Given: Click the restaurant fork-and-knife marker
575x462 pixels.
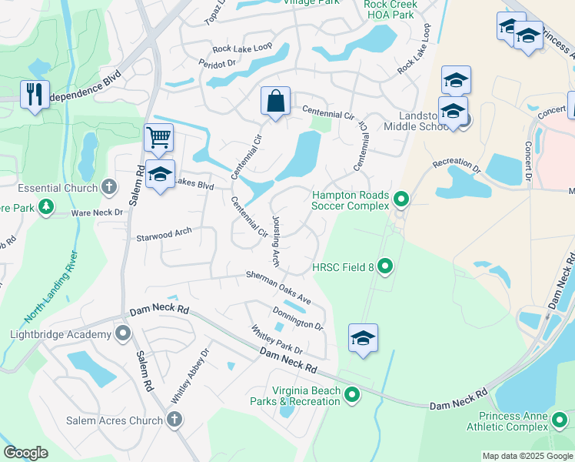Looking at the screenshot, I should coord(35,95).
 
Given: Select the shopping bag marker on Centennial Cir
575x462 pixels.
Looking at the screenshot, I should coord(275,101).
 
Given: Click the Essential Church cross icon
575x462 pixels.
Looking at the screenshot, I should coord(109,187).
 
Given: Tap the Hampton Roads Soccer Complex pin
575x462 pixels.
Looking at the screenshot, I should coord(401,200).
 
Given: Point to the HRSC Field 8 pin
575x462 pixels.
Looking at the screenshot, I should coord(386,267).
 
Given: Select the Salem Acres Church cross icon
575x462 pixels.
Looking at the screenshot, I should coord(174,420).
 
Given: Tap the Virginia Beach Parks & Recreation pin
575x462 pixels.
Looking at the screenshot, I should coord(352,396).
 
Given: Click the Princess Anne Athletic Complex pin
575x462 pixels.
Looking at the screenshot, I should coord(560,420).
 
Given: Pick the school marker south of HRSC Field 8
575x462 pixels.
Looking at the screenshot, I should coord(363,338).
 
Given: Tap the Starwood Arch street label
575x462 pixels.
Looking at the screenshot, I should coord(163,233).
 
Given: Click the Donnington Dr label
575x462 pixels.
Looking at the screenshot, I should coord(297,317).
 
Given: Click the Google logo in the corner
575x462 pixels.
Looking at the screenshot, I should coord(25,453).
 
